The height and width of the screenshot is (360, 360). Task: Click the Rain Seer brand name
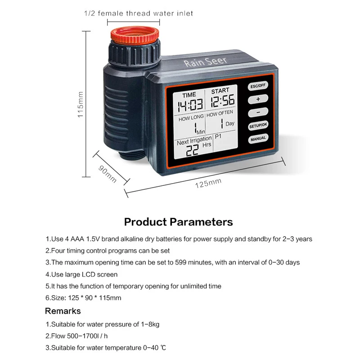pos(205,61)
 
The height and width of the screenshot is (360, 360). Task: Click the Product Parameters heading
pos(179,222)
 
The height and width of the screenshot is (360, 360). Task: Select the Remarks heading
pos(63,311)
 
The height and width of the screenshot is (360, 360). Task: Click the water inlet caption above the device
pos(139,13)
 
